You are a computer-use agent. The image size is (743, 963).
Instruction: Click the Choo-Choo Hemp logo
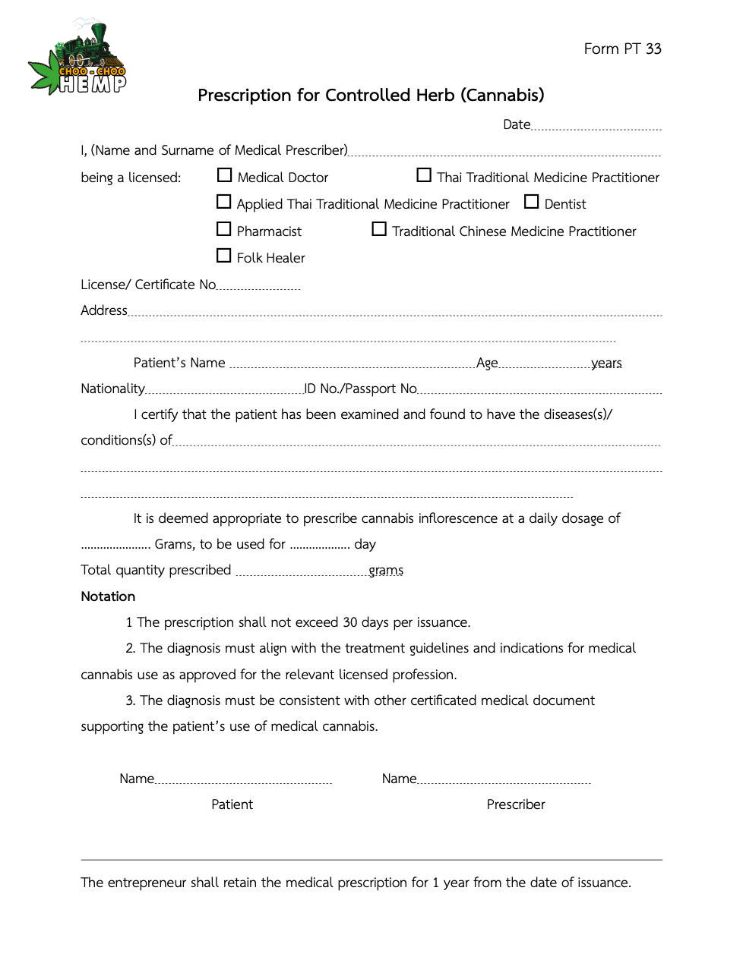[77, 59]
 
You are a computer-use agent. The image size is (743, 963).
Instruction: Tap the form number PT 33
[622, 49]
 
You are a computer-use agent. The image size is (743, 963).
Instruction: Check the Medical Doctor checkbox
[224, 175]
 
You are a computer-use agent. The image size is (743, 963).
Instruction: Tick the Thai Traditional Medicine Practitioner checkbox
[424, 175]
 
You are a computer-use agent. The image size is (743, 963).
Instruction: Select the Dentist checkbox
[532, 202]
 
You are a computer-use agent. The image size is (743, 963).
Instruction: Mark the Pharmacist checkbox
[224, 229]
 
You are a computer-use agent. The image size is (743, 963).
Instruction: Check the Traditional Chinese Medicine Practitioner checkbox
[379, 229]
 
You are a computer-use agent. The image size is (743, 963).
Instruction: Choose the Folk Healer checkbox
[224, 256]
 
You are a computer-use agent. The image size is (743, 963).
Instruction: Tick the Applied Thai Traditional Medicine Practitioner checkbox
[224, 202]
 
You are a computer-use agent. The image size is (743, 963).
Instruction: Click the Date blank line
[596, 126]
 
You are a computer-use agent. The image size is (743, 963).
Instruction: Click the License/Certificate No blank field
[258, 286]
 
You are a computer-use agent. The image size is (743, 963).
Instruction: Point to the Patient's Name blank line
[352, 364]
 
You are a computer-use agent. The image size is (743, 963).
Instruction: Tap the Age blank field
[544, 364]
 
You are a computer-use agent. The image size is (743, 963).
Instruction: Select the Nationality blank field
[224, 390]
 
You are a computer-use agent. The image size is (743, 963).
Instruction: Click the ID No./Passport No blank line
[539, 390]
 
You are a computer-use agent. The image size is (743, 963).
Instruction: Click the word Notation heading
[108, 596]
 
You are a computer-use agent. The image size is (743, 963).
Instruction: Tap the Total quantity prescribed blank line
[302, 572]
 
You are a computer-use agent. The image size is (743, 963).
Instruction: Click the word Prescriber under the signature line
[516, 804]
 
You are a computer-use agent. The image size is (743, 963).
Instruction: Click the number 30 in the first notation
[350, 622]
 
